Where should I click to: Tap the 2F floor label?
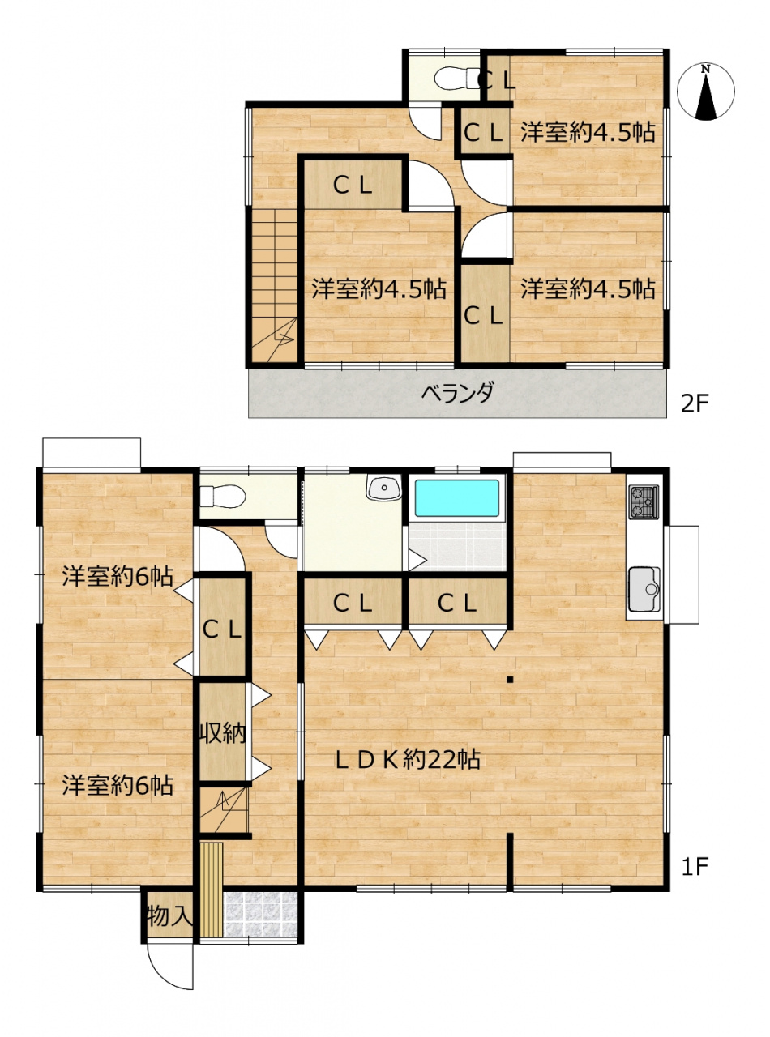(x=695, y=403)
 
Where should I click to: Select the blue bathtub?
(x=456, y=498)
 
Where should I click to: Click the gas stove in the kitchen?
(x=644, y=501)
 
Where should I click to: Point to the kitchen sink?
(x=644, y=589)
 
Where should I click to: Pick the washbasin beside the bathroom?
(x=384, y=488)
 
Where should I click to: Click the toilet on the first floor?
(x=222, y=496)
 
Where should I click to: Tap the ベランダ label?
(x=457, y=393)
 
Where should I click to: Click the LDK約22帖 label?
(x=408, y=759)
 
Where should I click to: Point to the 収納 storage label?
(x=223, y=733)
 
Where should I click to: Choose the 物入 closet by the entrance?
(x=168, y=915)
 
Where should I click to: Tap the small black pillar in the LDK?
(x=510, y=679)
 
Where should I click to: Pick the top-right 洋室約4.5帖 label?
(x=588, y=132)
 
